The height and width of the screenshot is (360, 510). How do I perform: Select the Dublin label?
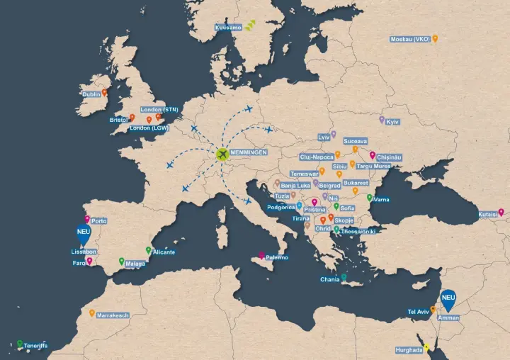(91, 94)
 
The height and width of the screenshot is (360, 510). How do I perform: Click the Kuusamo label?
(228, 28)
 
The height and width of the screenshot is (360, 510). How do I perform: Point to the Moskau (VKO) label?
(410, 39)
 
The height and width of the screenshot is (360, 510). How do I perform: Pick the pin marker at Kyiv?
(382, 120)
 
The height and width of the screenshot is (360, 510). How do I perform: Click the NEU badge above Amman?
(448, 298)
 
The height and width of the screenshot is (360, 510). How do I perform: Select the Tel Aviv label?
(418, 312)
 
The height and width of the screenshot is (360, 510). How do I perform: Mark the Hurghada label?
(409, 350)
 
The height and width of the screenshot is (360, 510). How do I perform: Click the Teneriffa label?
(35, 346)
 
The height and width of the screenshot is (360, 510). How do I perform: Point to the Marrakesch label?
(113, 315)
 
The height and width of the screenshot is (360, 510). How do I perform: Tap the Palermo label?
(277, 257)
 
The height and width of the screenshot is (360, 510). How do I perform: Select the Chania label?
(330, 280)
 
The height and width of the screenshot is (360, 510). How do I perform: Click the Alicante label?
(164, 252)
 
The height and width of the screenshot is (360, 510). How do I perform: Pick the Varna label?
(381, 200)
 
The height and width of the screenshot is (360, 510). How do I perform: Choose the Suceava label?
(355, 141)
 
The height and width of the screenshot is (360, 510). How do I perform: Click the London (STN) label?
(159, 109)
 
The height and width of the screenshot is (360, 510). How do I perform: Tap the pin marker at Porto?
(87, 219)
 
